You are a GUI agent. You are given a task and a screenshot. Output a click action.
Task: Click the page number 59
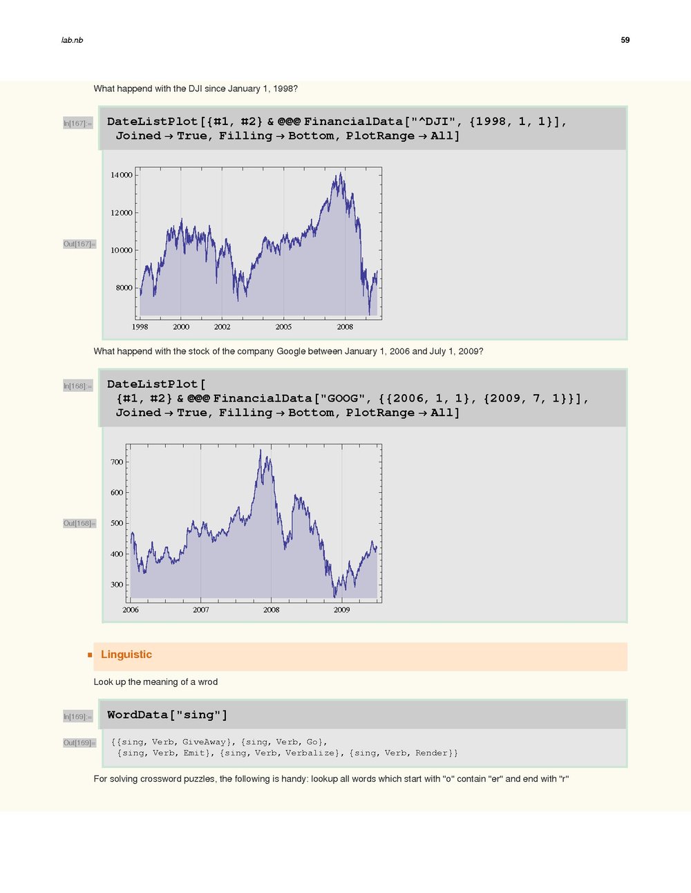coord(625,40)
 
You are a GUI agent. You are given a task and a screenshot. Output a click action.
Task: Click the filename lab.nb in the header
coord(72,40)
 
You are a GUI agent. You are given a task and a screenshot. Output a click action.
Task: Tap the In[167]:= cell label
coord(77,124)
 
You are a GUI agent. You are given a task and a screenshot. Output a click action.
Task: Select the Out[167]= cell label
coord(79,244)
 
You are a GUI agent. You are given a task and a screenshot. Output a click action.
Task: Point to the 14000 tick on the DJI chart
coord(121,176)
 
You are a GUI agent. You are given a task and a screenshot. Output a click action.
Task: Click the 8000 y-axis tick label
coord(124,288)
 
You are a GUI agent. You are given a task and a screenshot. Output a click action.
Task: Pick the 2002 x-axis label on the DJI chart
coord(222,327)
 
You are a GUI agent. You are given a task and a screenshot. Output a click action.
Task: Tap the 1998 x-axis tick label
coord(140,327)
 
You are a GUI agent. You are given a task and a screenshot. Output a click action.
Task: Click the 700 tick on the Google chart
coord(117,462)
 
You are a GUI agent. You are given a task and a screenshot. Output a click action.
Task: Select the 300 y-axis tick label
coord(117,585)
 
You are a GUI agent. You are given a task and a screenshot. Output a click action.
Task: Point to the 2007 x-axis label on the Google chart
coord(200,610)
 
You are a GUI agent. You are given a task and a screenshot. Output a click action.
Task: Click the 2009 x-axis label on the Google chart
coord(341,610)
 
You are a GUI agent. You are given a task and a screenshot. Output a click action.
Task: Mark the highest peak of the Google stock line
coord(260,450)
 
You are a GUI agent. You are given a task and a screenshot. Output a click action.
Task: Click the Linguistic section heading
coord(126,655)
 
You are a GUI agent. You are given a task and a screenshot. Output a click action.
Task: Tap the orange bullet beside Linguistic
coord(90,655)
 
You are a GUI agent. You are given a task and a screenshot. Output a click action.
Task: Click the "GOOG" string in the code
coord(343,398)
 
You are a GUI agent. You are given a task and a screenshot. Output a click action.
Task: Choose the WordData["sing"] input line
coord(167,715)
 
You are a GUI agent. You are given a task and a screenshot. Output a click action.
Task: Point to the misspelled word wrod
coord(207,682)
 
